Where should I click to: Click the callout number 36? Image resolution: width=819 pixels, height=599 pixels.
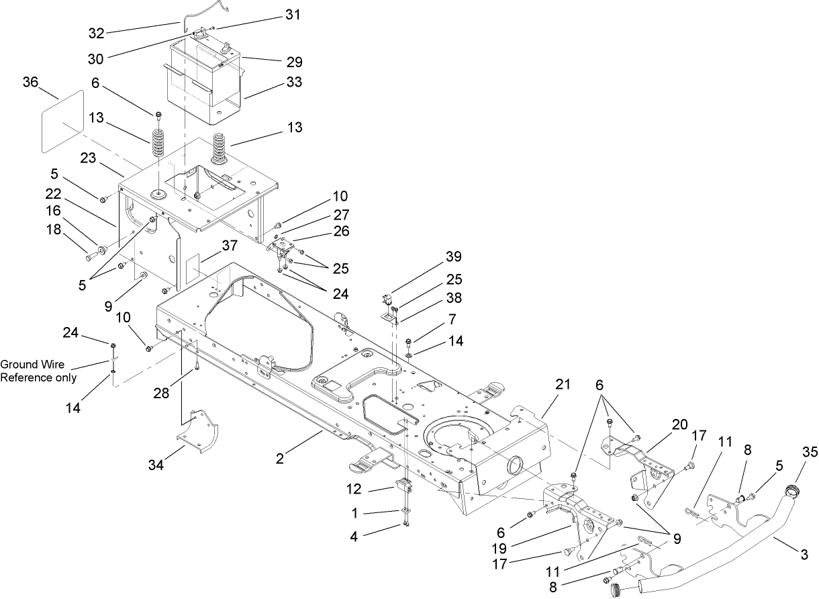[30, 82]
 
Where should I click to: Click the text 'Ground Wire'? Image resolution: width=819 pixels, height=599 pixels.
[32, 364]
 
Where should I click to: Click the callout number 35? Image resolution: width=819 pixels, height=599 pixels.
[810, 453]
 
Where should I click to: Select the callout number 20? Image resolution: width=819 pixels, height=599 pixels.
[679, 424]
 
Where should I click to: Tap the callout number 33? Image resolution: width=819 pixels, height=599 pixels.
[293, 82]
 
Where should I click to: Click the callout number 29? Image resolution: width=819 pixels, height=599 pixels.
[293, 62]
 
